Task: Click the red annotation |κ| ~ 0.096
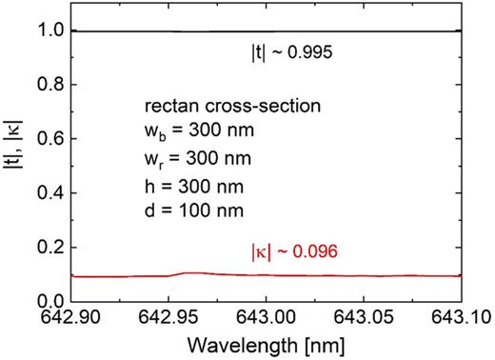pos(291,254)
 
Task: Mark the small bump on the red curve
pos(190,273)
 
